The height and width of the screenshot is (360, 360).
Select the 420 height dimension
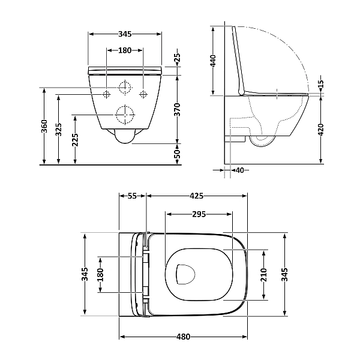coord(321,130)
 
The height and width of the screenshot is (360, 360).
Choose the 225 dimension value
coord(75,140)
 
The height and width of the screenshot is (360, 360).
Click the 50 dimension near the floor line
coord(178,155)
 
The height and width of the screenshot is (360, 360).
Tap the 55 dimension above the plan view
coord(133,196)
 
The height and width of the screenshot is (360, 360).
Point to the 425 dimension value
coord(197,196)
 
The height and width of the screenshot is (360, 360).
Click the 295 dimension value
coord(199,214)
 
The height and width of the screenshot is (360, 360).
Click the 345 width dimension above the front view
coord(125,34)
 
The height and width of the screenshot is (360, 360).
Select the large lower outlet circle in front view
coord(125,114)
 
